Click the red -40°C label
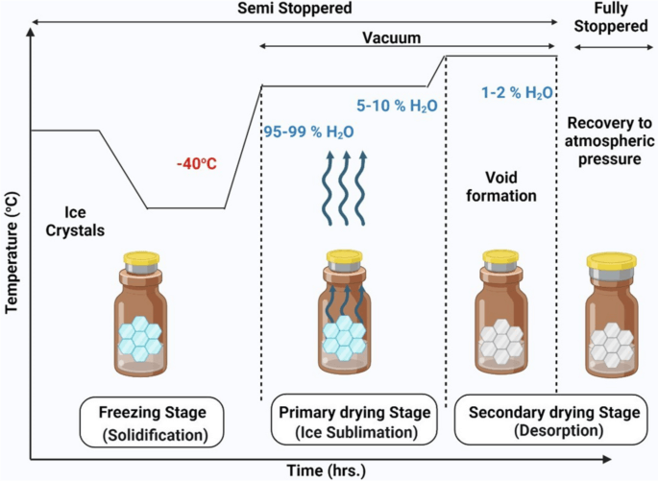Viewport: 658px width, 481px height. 196,164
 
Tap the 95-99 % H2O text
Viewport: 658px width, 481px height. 307,132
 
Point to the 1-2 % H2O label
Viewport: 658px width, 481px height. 517,93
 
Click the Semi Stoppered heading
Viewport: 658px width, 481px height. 293,9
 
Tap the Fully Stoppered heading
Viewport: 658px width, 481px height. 611,18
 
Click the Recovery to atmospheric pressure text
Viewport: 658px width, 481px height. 609,141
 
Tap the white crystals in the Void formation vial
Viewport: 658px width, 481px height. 501,339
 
